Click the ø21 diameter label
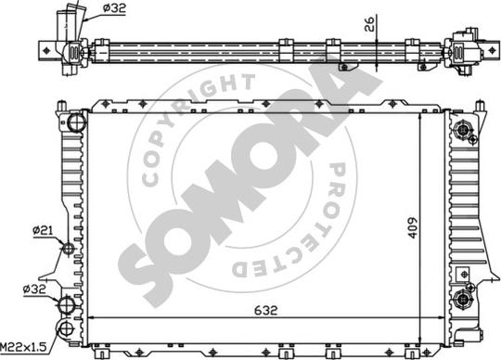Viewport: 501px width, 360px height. click(41, 229)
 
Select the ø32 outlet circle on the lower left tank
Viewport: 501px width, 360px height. click(66, 304)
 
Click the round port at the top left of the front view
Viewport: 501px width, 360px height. click(76, 122)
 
